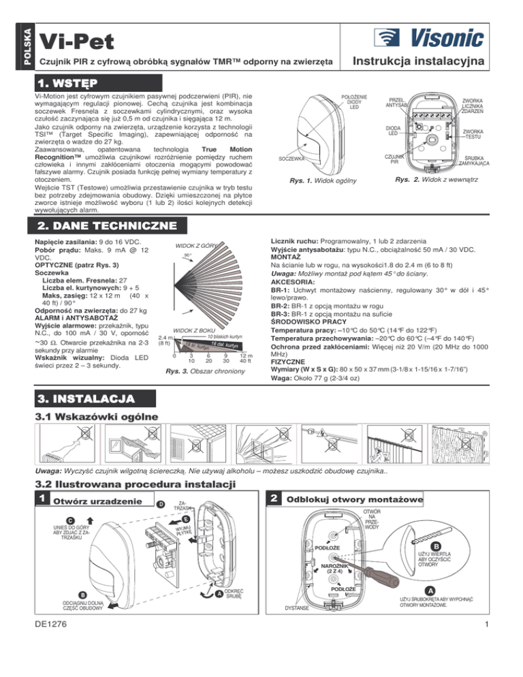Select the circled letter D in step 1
pos(159,505)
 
